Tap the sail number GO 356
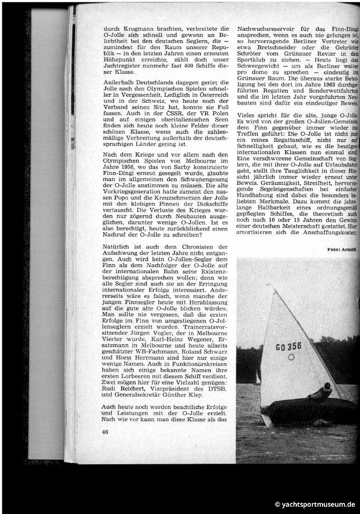coord(288,346)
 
